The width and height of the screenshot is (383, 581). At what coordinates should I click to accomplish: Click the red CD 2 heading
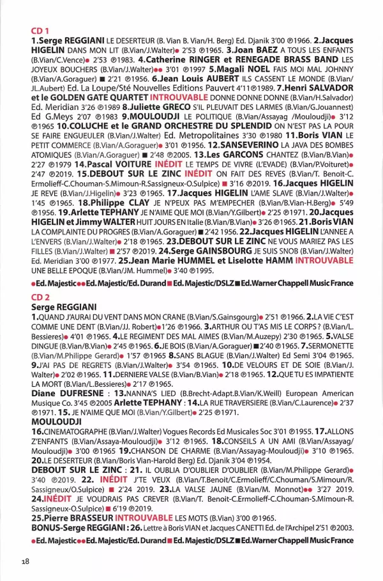[x=41, y=297]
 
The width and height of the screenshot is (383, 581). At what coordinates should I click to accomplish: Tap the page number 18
[x=25, y=561]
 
